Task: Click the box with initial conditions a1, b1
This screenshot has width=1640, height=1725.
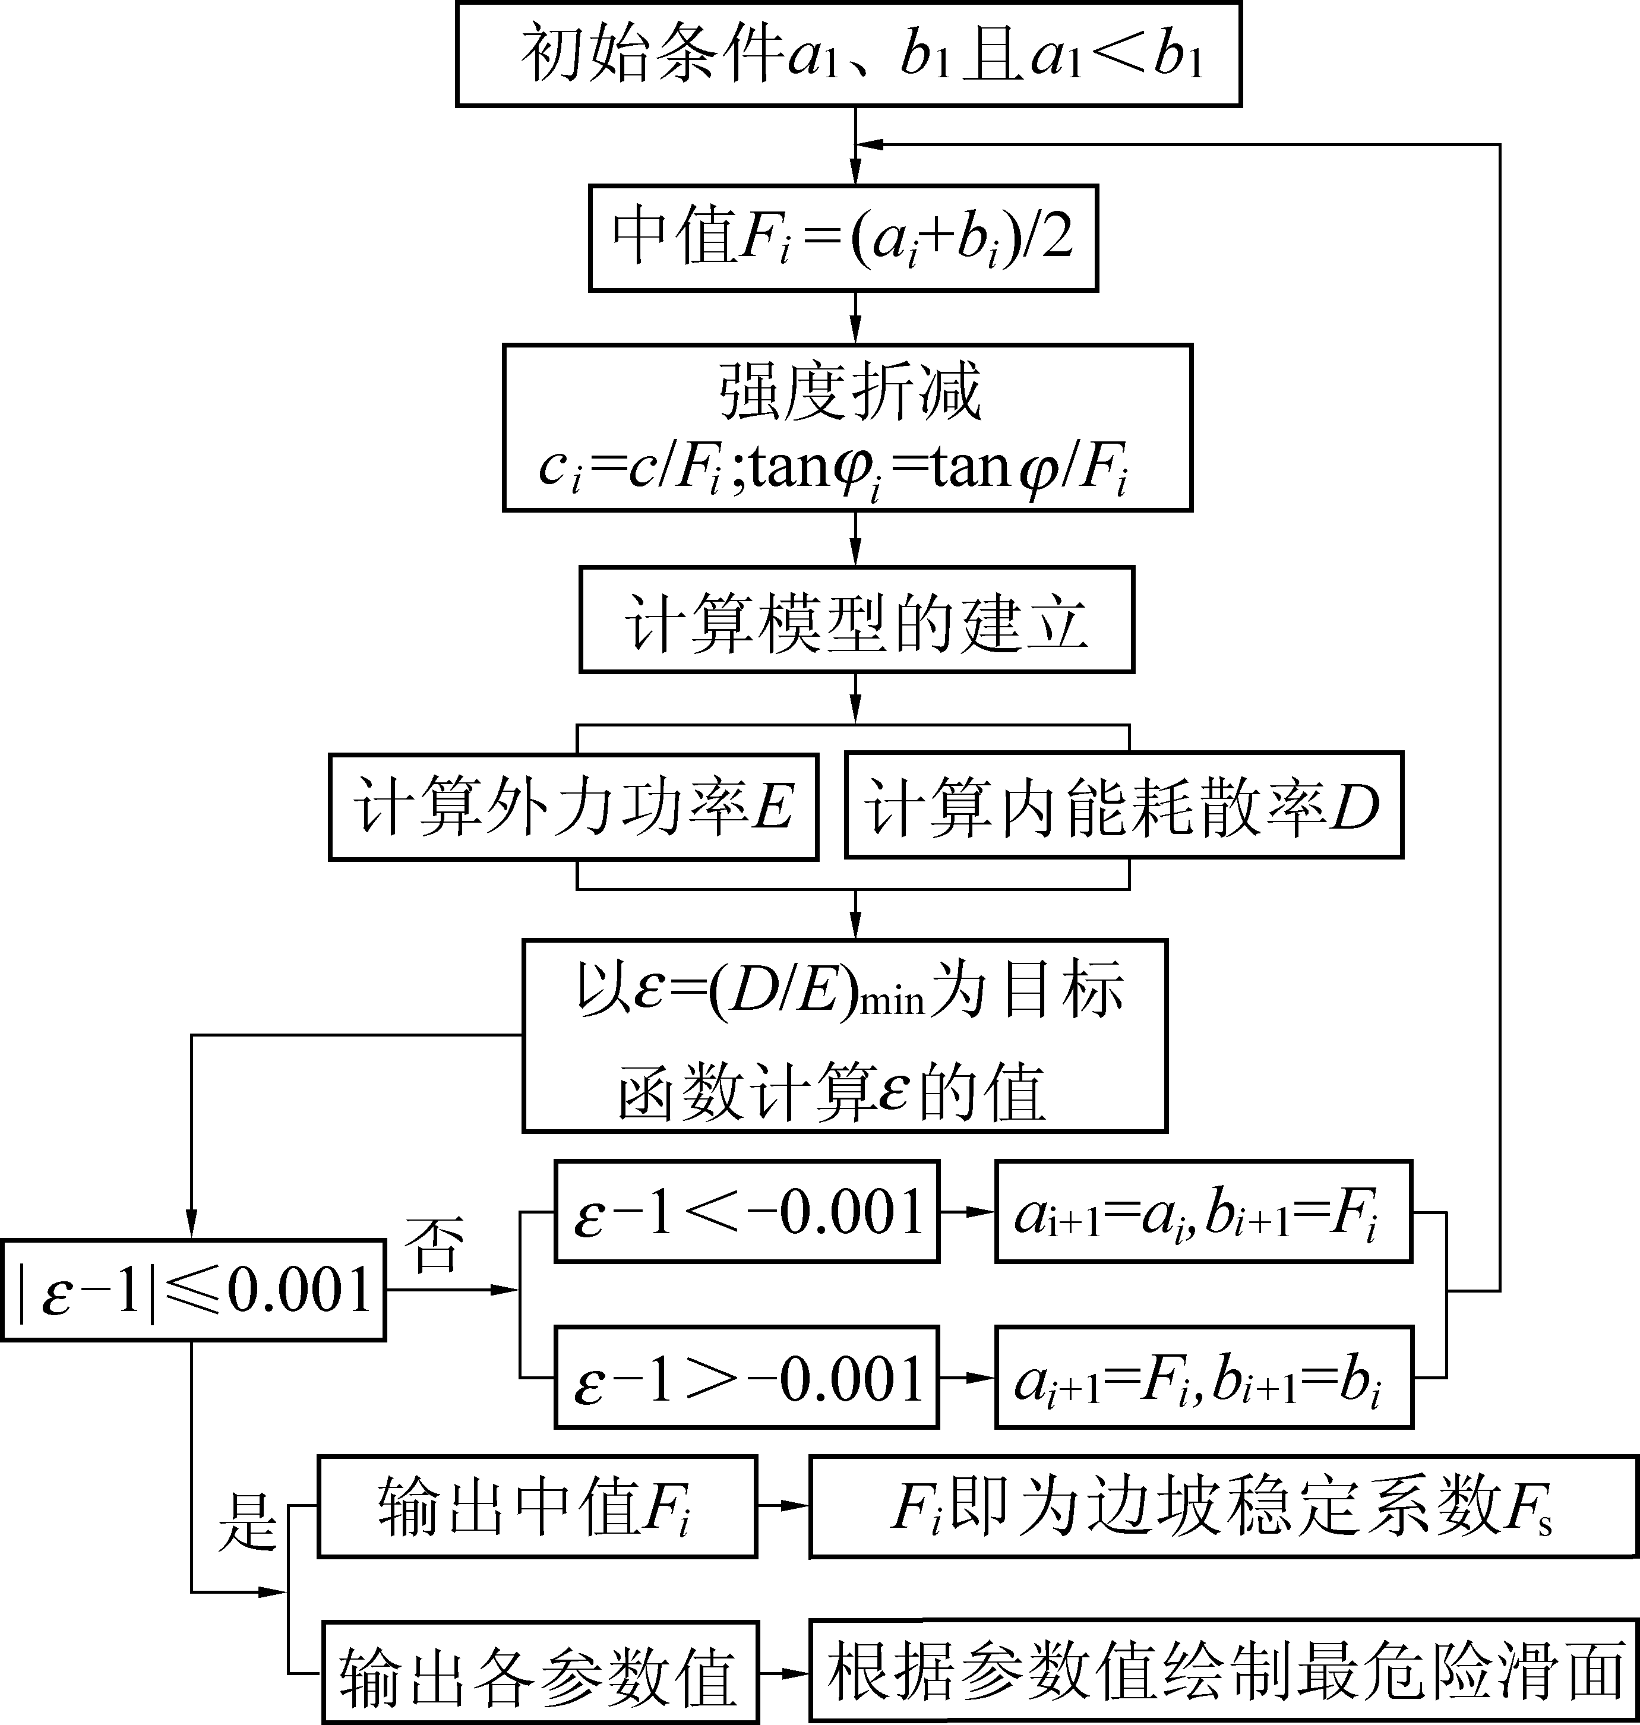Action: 848,54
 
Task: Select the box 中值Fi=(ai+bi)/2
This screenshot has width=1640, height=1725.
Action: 843,238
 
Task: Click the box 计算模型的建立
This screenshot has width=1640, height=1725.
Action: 856,620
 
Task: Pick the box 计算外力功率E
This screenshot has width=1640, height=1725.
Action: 573,806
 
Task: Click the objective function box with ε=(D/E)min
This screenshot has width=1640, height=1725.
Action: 845,1036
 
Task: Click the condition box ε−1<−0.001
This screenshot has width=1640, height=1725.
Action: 747,1212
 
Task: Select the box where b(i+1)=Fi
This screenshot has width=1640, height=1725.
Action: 1203,1212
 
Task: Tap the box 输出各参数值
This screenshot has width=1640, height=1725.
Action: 539,1673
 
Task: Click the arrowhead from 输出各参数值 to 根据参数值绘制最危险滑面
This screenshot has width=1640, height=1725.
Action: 797,1673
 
